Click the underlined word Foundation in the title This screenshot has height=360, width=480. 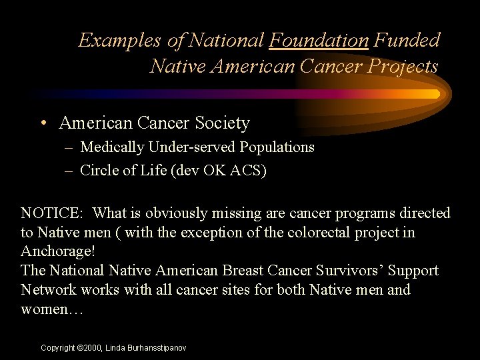click(x=319, y=41)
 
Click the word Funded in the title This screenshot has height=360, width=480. click(x=407, y=41)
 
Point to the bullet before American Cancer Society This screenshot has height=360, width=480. click(x=43, y=123)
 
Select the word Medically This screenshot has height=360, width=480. click(x=111, y=147)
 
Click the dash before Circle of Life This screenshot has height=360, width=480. click(x=69, y=171)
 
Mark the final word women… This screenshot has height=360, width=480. click(x=51, y=309)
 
